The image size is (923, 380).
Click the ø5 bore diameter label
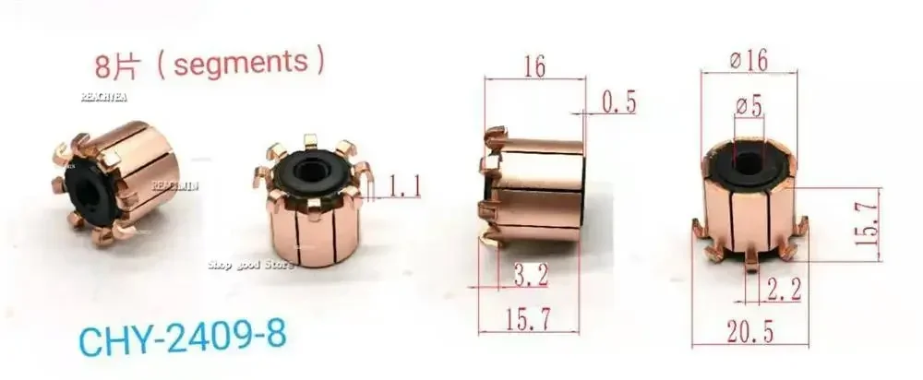[749, 107]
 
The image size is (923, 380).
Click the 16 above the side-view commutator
[533, 66]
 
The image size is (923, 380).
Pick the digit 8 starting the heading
[103, 66]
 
